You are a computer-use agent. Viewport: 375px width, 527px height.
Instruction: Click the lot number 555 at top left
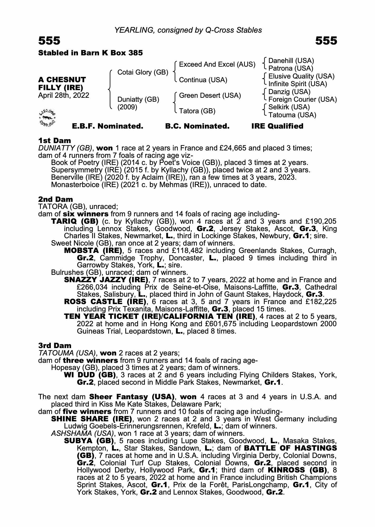click(49, 41)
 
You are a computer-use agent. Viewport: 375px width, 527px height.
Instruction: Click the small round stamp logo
click(47, 117)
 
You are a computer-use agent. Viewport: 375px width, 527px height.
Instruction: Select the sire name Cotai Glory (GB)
click(142, 72)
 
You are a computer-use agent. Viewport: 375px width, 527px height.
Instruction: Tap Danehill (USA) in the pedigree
click(291, 61)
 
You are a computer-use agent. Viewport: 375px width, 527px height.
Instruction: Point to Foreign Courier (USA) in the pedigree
click(302, 100)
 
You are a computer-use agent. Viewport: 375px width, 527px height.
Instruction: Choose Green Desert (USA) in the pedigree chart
click(210, 96)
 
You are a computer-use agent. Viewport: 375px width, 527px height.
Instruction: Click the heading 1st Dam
click(55, 141)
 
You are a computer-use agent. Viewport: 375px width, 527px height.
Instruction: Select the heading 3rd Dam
click(55, 345)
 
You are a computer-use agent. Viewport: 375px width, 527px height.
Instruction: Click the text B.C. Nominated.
click(197, 126)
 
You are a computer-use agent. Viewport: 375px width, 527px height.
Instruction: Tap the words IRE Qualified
click(277, 126)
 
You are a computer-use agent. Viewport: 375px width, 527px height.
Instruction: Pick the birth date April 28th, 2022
click(63, 95)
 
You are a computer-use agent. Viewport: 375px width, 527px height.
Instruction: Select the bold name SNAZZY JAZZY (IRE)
click(106, 280)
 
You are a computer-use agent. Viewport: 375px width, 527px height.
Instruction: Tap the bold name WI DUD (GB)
click(90, 375)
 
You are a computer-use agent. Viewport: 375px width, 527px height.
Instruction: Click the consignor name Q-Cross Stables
click(233, 30)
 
